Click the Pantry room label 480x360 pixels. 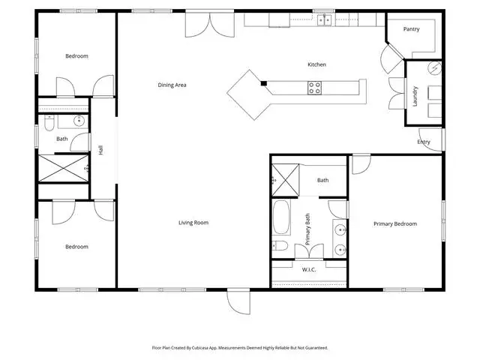pyautogui.click(x=411, y=29)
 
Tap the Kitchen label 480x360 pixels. pyautogui.click(x=316, y=64)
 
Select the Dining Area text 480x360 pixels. pyautogui.click(x=172, y=85)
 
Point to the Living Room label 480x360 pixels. pyautogui.click(x=193, y=223)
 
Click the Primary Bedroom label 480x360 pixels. pyautogui.click(x=395, y=223)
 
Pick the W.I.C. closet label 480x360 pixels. pyautogui.click(x=309, y=270)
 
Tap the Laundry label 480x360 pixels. pyautogui.click(x=415, y=97)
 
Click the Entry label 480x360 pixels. pyautogui.click(x=424, y=142)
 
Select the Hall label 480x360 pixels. pyautogui.click(x=101, y=150)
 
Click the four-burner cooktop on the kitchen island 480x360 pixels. pyautogui.click(x=314, y=88)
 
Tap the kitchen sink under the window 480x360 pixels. pyautogui.click(x=324, y=20)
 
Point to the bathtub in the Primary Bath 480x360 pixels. pyautogui.click(x=281, y=217)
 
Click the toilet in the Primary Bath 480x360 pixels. pyautogui.click(x=280, y=245)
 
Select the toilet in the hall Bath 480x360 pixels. pyautogui.click(x=49, y=123)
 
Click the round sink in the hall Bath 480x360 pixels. pyautogui.click(x=79, y=121)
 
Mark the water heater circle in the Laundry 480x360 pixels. pyautogui.click(x=435, y=68)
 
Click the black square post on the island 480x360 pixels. pyautogui.click(x=263, y=83)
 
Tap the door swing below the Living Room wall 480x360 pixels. pyautogui.click(x=238, y=301)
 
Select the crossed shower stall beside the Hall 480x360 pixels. pyautogui.click(x=63, y=168)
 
